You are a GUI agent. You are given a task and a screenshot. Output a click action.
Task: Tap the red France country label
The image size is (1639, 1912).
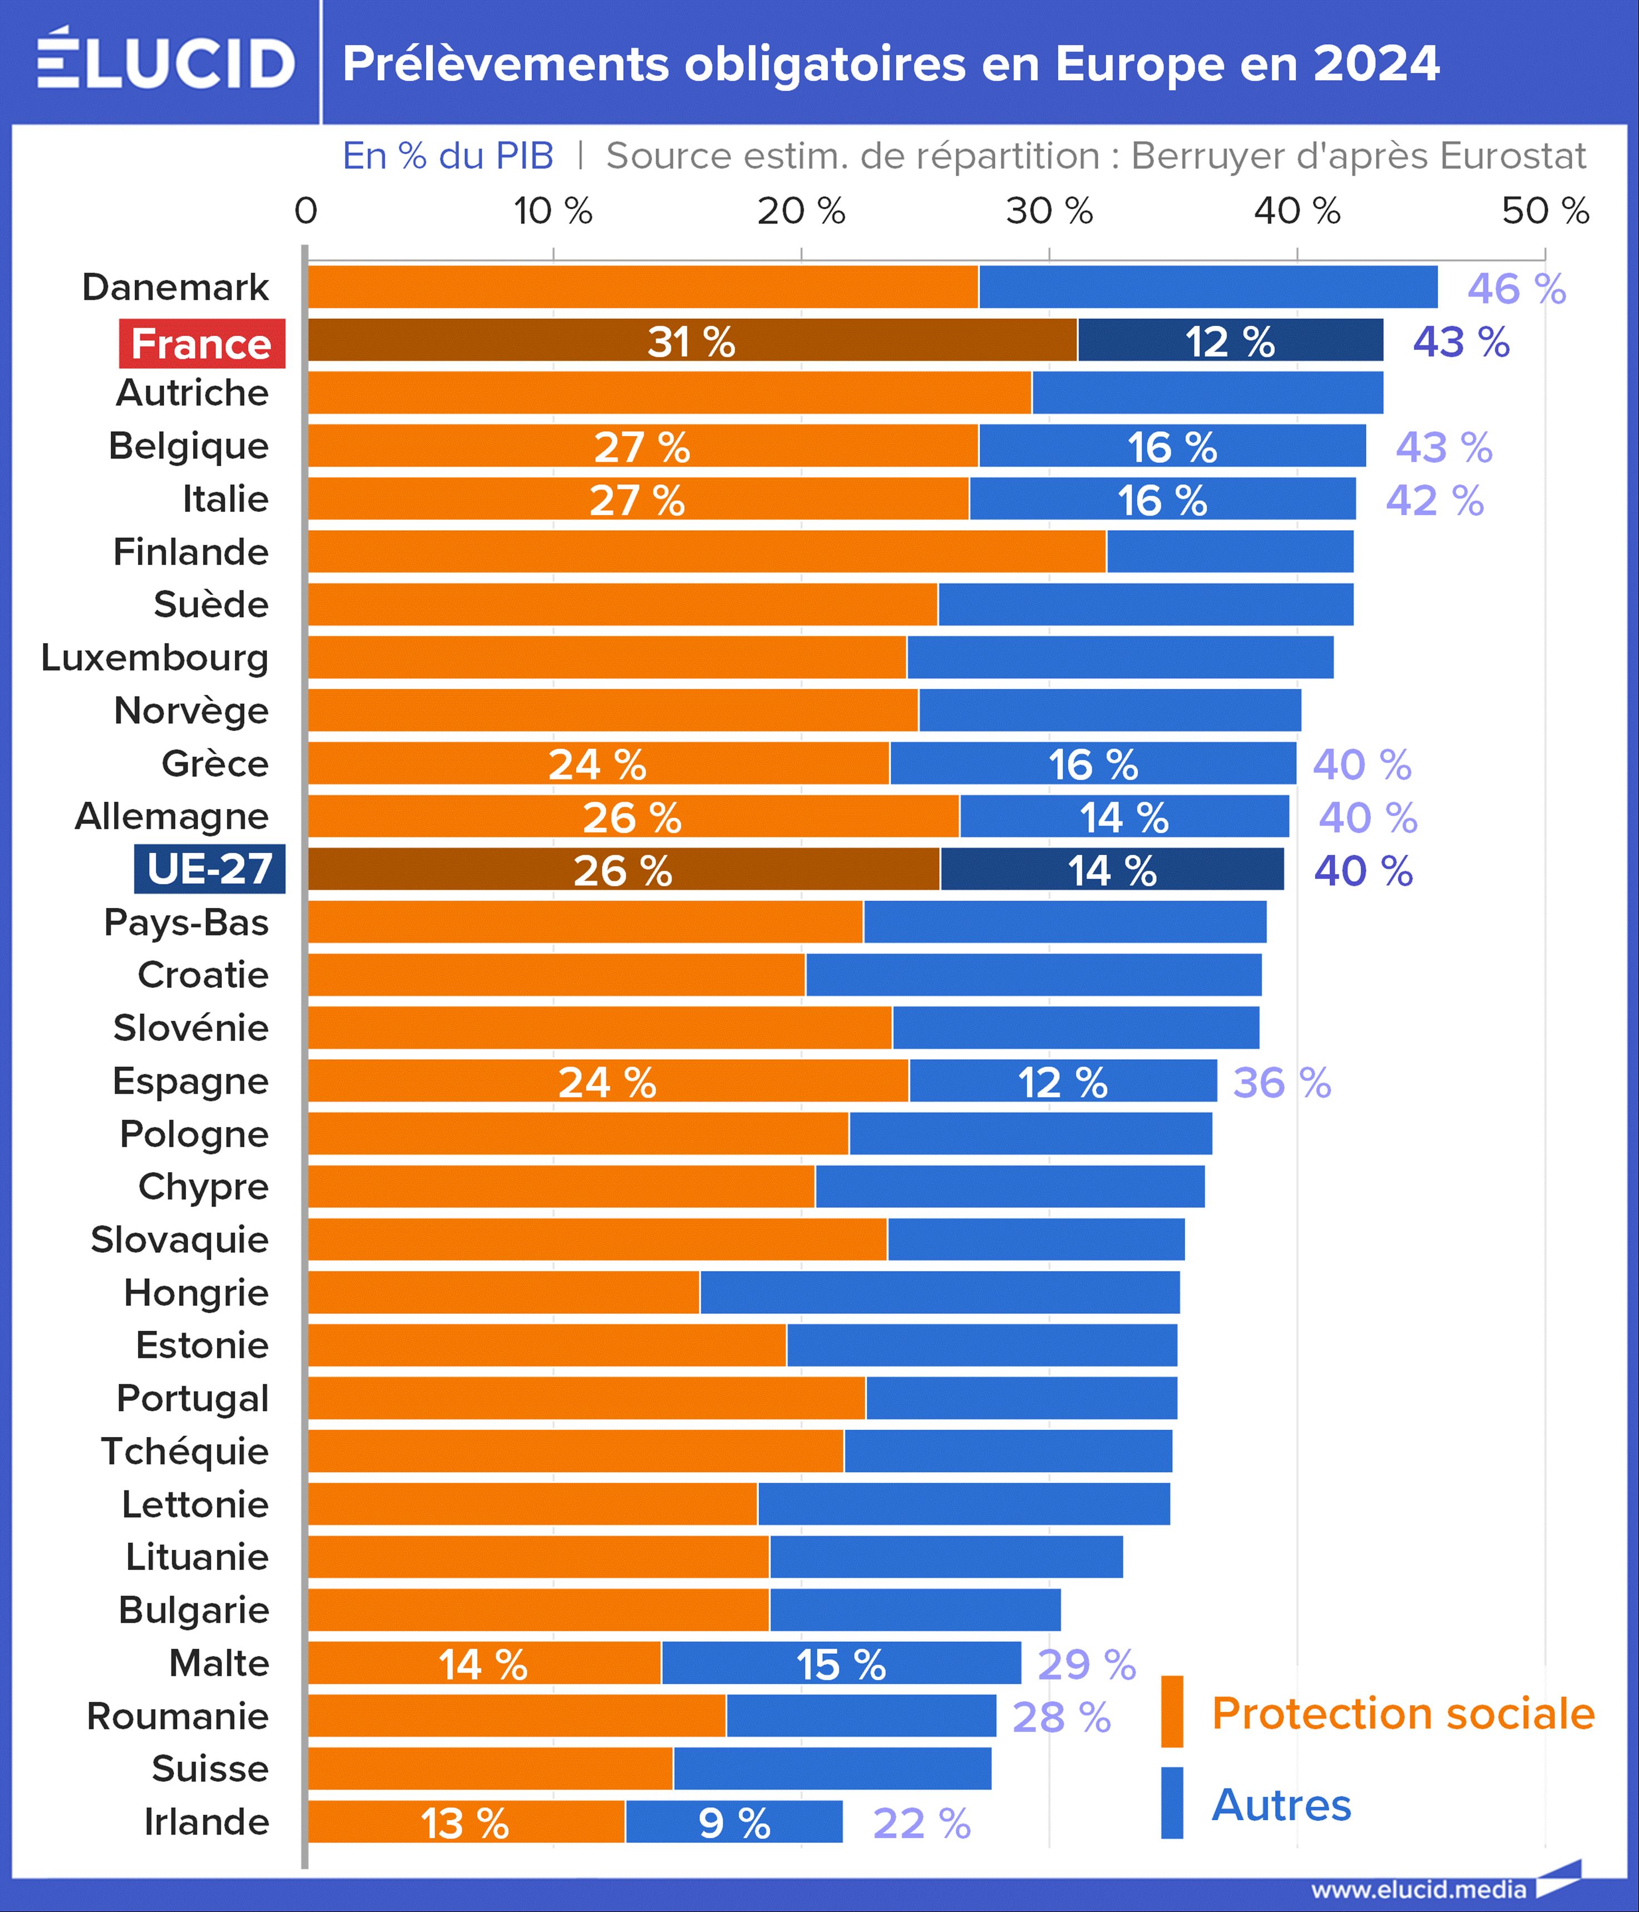click(x=202, y=343)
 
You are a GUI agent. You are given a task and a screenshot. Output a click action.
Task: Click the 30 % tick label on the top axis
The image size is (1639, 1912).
click(x=1049, y=211)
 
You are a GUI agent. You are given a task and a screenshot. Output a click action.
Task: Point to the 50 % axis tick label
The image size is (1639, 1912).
click(x=1545, y=211)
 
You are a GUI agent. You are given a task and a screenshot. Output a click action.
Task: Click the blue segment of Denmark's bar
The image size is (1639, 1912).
click(x=1207, y=287)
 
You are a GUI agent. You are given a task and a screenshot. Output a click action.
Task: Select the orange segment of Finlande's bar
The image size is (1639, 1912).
click(x=706, y=551)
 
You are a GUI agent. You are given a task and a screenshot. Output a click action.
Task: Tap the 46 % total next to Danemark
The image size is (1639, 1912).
click(x=1516, y=289)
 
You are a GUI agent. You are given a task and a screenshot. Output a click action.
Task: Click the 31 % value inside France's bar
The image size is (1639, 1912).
click(x=691, y=342)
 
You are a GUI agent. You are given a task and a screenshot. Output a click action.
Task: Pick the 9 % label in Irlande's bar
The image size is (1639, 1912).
click(x=734, y=1822)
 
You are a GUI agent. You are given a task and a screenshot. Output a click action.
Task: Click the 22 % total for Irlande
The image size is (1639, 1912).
click(x=921, y=1822)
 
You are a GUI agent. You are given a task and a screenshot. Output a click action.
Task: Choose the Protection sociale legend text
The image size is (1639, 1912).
click(x=1403, y=1713)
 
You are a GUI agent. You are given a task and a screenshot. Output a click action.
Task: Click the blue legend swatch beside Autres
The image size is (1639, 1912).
click(x=1172, y=1802)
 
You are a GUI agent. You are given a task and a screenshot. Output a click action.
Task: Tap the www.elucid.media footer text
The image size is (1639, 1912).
click(x=1419, y=1889)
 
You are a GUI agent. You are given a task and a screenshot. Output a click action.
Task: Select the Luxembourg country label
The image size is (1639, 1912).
click(x=155, y=657)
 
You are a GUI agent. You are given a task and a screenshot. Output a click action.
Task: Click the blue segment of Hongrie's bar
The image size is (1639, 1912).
click(x=940, y=1292)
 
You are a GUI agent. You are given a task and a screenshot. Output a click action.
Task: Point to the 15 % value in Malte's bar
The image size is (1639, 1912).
click(x=841, y=1664)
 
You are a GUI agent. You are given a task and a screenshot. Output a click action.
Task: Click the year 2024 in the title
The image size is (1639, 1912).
click(x=1375, y=63)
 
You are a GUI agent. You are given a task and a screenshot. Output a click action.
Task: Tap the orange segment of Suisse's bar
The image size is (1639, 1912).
click(x=490, y=1768)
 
